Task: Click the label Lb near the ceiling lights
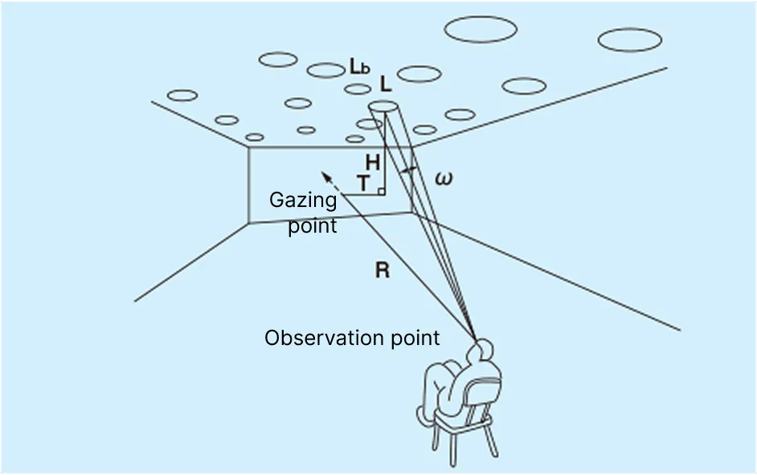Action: [x=359, y=68]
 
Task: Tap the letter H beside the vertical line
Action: [x=372, y=162]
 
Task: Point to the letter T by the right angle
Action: [x=364, y=184]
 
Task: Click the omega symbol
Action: [x=443, y=178]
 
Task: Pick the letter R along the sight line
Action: [x=382, y=270]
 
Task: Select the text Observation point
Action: [x=352, y=338]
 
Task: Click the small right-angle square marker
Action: [x=380, y=191]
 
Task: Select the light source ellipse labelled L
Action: [x=383, y=107]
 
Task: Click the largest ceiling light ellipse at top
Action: [x=480, y=29]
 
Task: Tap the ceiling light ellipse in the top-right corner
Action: [x=630, y=39]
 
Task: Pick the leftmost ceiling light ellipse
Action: [x=182, y=95]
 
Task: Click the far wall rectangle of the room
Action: [x=321, y=183]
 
